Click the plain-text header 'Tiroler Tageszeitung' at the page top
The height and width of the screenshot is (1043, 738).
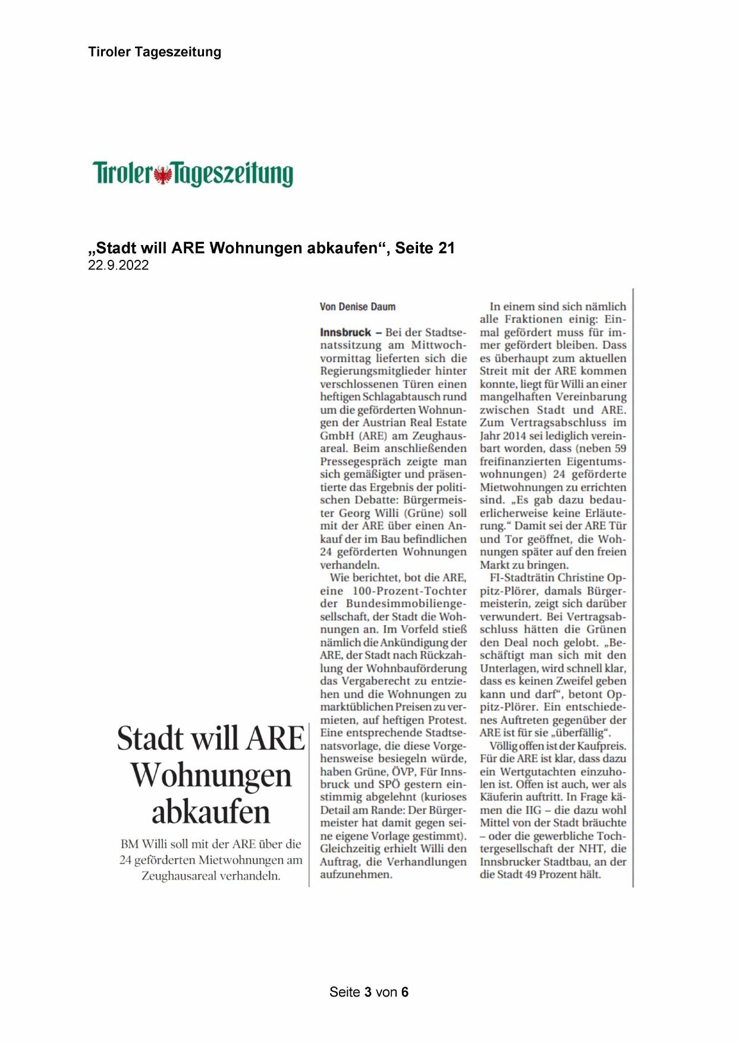[155, 52]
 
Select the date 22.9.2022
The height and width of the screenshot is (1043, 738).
[118, 265]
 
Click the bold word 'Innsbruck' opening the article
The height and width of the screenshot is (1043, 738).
[345, 332]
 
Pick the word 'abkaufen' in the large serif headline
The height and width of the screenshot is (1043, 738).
[211, 812]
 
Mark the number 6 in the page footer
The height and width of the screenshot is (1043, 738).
[404, 992]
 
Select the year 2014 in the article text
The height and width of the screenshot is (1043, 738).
[519, 436]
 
